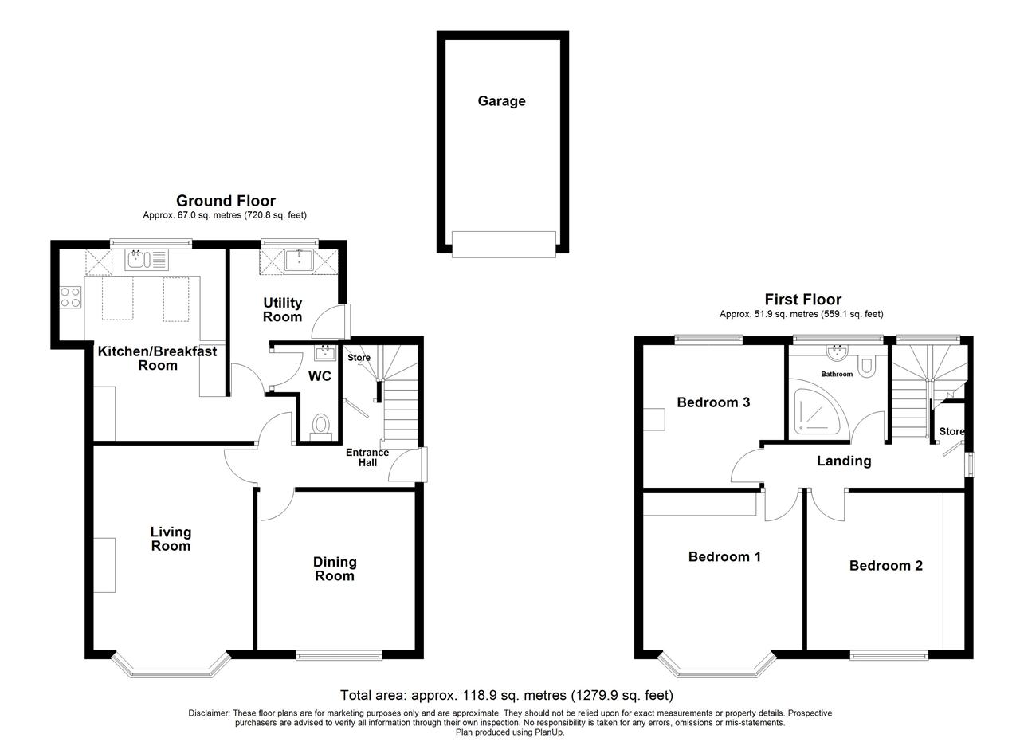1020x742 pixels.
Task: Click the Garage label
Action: point(501,101)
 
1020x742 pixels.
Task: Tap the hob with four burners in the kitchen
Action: point(71,297)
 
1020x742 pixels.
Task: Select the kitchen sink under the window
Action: point(147,260)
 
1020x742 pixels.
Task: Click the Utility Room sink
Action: point(299,261)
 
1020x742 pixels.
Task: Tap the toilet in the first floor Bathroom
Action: point(865,367)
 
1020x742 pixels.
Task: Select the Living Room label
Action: point(171,539)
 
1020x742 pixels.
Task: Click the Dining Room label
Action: point(335,569)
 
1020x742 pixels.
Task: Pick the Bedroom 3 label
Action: point(713,402)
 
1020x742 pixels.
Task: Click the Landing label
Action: point(844,461)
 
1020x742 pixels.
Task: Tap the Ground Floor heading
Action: point(226,201)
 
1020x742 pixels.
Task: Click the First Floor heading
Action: point(802,300)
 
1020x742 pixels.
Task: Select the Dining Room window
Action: point(339,655)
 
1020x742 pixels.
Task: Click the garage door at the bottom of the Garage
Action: point(504,245)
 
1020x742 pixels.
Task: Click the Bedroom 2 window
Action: point(889,656)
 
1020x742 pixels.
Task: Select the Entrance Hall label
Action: point(367,457)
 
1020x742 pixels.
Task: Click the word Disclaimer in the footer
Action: point(209,713)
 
